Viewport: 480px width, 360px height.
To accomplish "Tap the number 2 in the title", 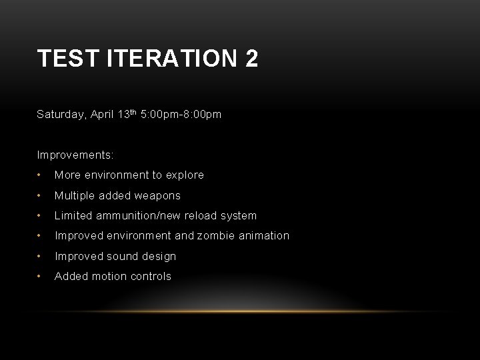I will (x=251, y=59).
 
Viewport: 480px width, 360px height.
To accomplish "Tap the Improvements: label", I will (x=75, y=155).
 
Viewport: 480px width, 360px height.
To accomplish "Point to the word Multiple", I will (x=74, y=195).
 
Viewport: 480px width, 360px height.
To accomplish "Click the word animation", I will (x=265, y=235).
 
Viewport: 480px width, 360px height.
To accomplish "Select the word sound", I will (x=125, y=256).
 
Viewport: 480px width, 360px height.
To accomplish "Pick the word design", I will (x=160, y=256).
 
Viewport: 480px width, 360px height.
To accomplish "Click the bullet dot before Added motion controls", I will (x=41, y=276).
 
